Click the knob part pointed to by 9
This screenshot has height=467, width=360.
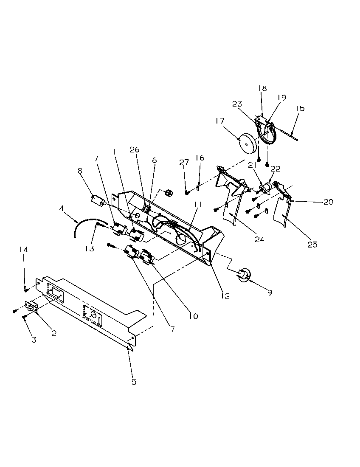(x=244, y=275)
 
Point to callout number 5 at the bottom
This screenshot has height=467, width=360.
(x=134, y=382)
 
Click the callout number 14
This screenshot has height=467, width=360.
(x=23, y=250)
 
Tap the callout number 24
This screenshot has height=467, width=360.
(x=259, y=239)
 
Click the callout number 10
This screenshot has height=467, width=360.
(x=194, y=316)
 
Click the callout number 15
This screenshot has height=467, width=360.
(x=300, y=109)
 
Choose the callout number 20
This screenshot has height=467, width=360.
(x=327, y=202)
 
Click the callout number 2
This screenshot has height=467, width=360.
(x=54, y=333)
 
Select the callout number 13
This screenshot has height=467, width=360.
(x=90, y=249)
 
